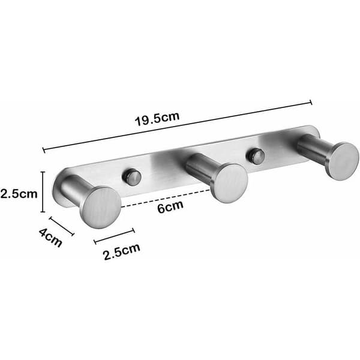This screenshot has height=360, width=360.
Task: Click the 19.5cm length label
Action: [x=157, y=118]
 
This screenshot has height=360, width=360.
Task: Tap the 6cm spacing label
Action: [x=170, y=206]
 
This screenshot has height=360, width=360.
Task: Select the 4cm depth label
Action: [x=50, y=237]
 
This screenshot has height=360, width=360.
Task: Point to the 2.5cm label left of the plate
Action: [x=19, y=194]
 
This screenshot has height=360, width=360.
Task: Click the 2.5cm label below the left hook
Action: [x=122, y=251]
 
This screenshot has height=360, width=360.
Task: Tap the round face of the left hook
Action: [x=101, y=208]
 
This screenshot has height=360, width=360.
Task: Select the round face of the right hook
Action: [x=344, y=161]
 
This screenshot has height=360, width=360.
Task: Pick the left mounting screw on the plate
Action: [x=131, y=177]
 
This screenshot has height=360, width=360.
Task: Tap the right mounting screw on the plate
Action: [x=256, y=157]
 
